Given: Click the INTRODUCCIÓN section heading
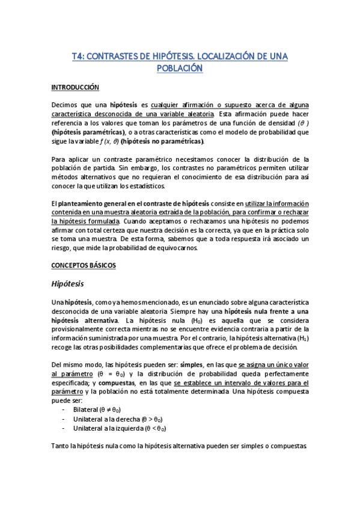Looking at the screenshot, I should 75,87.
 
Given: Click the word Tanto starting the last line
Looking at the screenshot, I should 60,446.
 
